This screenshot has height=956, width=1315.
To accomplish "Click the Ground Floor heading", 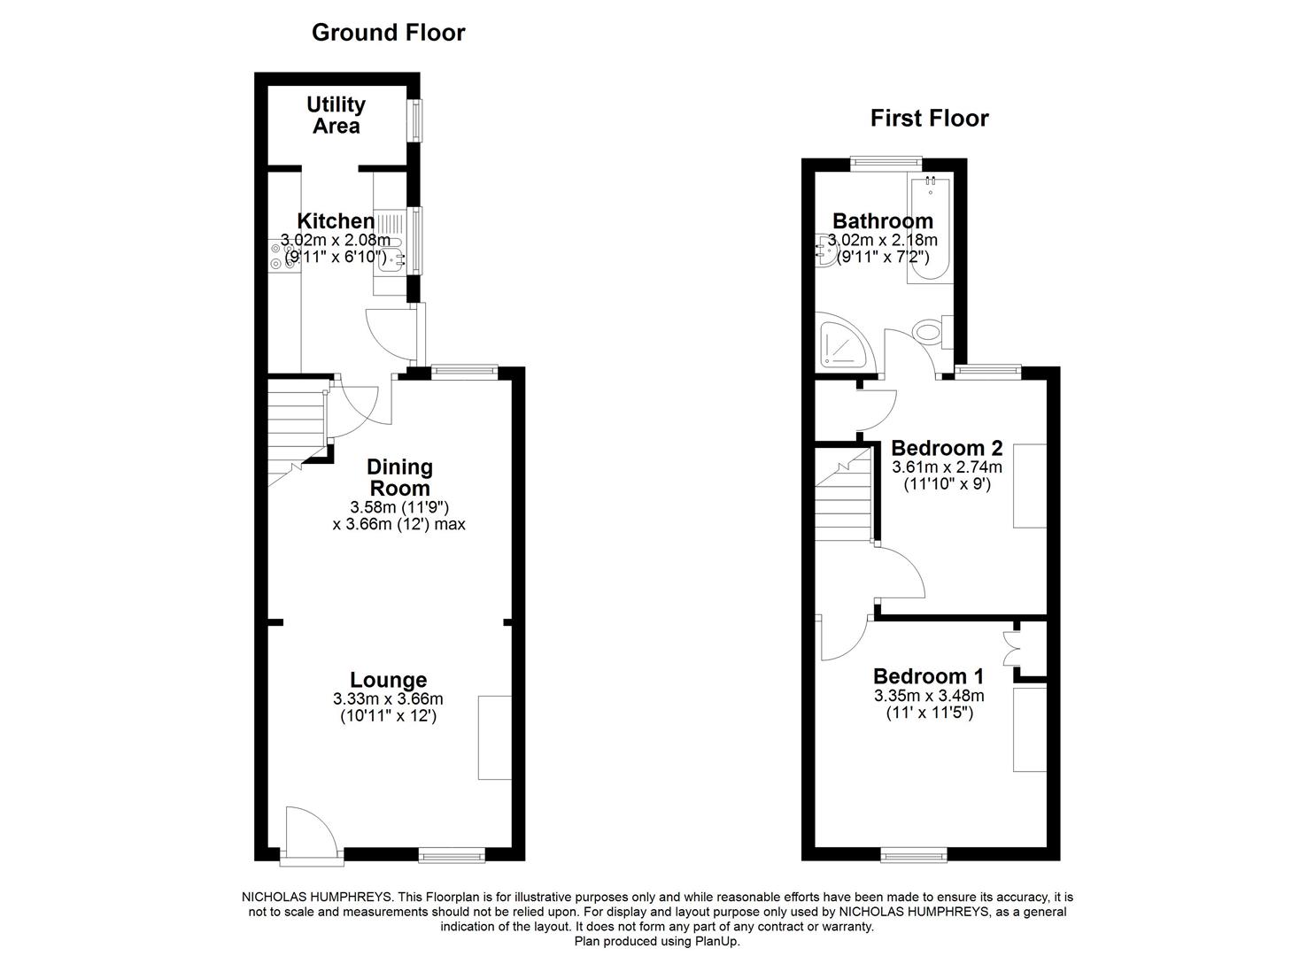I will coord(388,33).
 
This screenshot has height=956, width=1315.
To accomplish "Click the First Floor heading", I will coord(929,118).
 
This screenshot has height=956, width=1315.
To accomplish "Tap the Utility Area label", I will coord(336,115).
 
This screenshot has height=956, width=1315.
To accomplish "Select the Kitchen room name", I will coord(335,220).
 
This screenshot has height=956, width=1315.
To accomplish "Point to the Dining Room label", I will coord(399,477).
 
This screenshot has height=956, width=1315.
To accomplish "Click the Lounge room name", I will coord(388,680).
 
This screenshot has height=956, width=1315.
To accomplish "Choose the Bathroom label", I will coord(882,220).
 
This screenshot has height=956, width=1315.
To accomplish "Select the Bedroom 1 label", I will coord(928,676).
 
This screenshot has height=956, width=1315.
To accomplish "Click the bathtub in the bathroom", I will coord(929,230).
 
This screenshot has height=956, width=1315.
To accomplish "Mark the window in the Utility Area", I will coord(414,119).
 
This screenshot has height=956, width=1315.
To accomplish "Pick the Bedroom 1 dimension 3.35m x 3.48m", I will coord(928,696).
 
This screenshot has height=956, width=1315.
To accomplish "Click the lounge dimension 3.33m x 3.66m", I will coord(388,699).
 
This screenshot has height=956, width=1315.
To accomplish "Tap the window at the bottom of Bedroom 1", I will coord(913,854).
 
